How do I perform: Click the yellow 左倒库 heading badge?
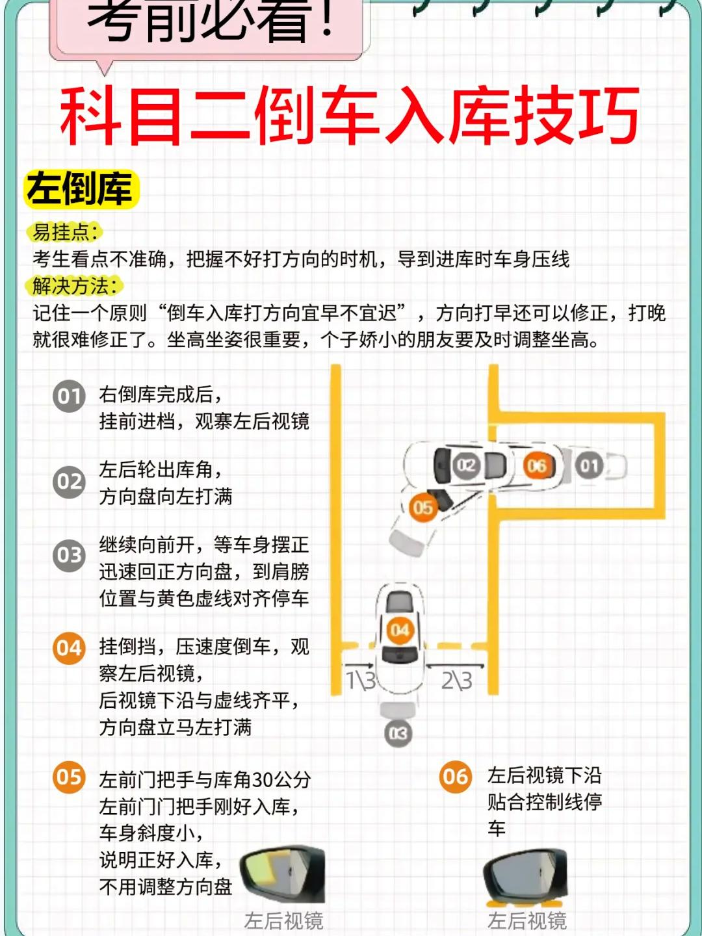[x=81, y=189]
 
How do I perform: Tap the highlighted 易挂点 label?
[x=65, y=233]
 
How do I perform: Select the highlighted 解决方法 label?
[x=75, y=285]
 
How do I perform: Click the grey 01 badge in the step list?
[x=69, y=396]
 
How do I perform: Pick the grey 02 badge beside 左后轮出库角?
[x=69, y=482]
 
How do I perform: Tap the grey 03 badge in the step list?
[x=69, y=555]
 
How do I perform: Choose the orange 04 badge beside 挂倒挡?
[x=69, y=648]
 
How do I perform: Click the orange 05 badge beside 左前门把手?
[x=69, y=777]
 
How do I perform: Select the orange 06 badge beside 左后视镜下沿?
[x=456, y=776]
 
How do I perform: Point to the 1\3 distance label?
[x=361, y=680]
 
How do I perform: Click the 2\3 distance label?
[x=456, y=680]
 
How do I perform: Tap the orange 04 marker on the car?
[x=400, y=630]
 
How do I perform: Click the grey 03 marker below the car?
[x=398, y=733]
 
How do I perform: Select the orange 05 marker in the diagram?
[x=422, y=508]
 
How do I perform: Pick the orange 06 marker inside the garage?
[x=537, y=465]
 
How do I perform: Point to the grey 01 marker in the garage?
[x=589, y=465]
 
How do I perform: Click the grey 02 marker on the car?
[x=466, y=465]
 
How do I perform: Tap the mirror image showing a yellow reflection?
[x=282, y=872]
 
